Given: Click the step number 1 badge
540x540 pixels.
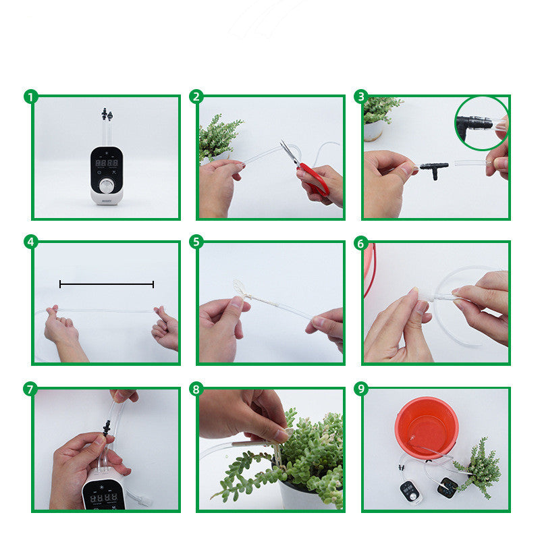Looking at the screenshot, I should [30, 97].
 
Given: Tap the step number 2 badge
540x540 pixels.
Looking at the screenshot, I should [196, 97].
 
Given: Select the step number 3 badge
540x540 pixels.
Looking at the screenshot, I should [361, 97].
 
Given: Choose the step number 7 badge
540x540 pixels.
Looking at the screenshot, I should [30, 389].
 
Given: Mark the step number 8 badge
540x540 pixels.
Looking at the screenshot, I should [196, 389].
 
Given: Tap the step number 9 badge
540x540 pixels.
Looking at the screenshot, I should [361, 389].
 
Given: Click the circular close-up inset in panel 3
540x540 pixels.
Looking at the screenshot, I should [482, 123].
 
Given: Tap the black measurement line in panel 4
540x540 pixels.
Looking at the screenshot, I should [107, 284].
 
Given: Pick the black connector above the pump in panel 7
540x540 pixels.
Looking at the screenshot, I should [106, 426].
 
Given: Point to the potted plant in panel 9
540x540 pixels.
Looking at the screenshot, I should [478, 466].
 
